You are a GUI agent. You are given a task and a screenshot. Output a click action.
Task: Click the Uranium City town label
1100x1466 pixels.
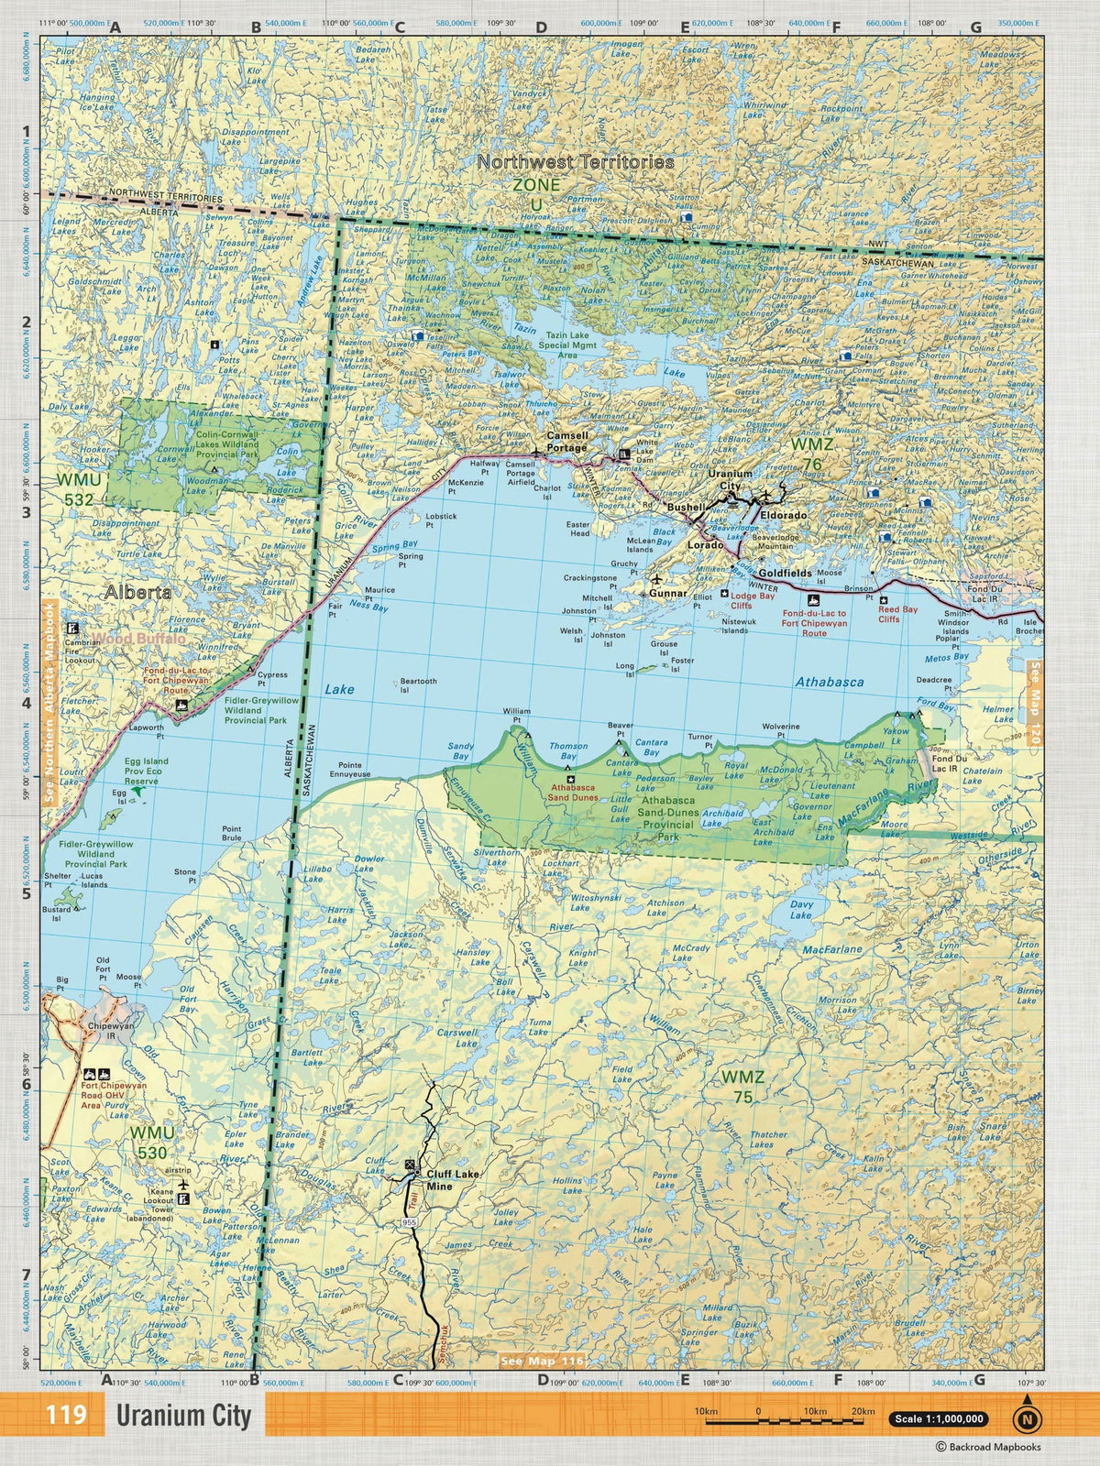[730, 479]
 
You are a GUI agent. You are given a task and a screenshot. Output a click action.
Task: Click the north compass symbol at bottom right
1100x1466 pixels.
[1028, 1418]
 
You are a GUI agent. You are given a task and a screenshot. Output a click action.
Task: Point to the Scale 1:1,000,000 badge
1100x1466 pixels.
[937, 1419]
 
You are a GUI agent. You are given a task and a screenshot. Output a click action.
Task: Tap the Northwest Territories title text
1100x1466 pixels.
[575, 161]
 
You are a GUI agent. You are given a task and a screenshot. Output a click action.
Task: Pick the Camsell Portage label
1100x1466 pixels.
[566, 441]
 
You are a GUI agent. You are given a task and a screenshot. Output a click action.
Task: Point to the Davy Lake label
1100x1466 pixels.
[800, 909]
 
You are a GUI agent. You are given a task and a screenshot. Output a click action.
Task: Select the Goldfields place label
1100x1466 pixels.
[785, 572]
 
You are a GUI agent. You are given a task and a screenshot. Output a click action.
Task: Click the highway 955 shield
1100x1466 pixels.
[409, 1224]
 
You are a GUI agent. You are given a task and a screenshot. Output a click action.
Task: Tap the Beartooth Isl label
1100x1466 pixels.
[418, 685]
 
